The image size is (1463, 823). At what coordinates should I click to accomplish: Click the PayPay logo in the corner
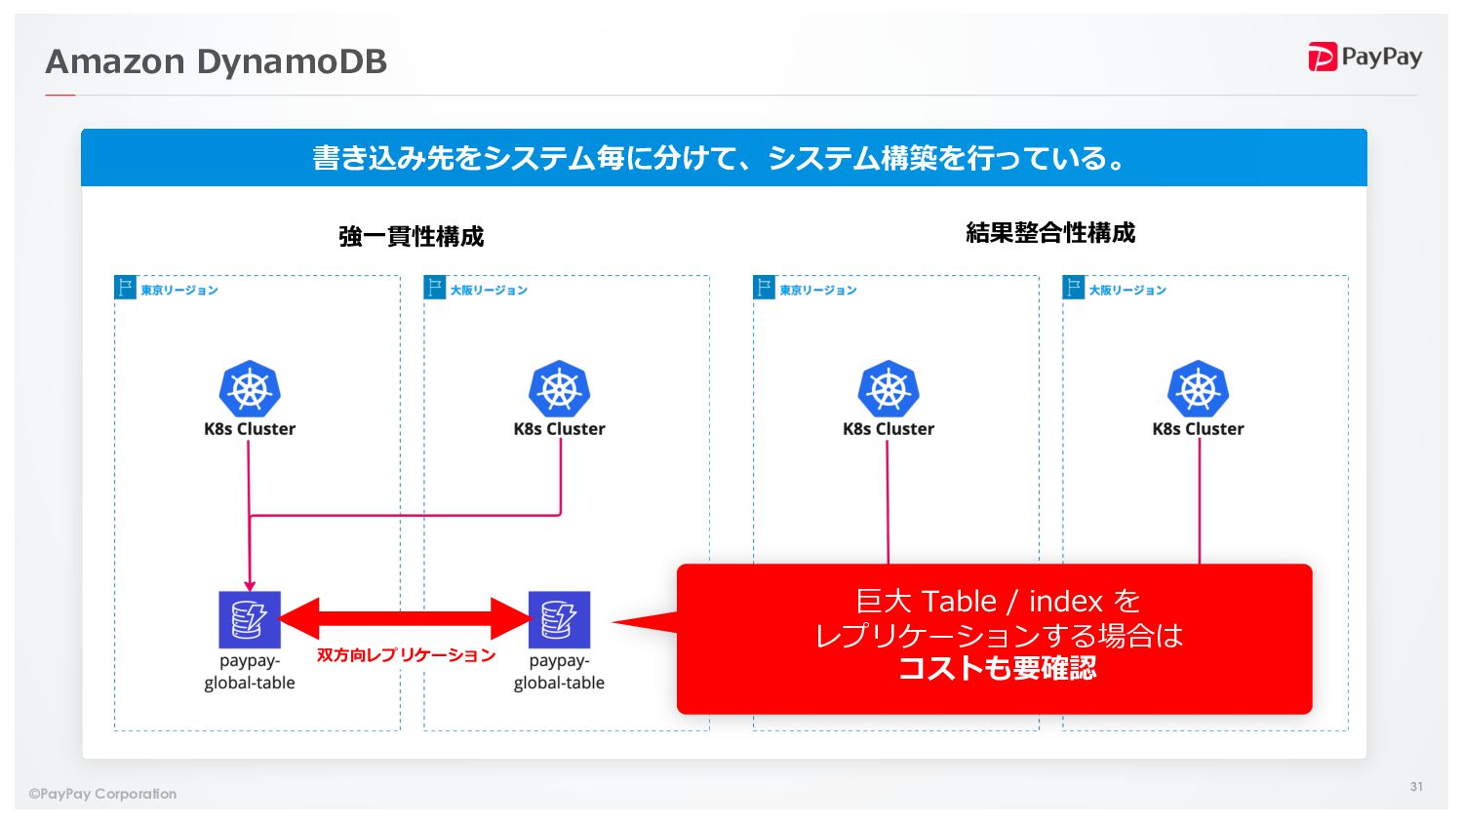pyautogui.click(x=1364, y=58)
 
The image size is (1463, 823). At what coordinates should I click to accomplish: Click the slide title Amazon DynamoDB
pyautogui.click(x=217, y=61)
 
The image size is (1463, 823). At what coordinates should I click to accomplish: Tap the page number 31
pyautogui.click(x=1416, y=786)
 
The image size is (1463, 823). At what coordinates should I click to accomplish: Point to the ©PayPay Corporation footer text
pyautogui.click(x=103, y=794)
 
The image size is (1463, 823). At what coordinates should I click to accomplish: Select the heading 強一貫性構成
pyautogui.click(x=411, y=236)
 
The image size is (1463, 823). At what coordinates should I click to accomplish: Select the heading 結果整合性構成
pyautogui.click(x=1050, y=233)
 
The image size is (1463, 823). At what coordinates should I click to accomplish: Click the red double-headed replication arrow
pyautogui.click(x=404, y=618)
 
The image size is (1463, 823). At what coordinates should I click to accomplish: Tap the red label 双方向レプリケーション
pyautogui.click(x=406, y=655)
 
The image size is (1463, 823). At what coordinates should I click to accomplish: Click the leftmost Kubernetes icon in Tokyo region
pyautogui.click(x=250, y=388)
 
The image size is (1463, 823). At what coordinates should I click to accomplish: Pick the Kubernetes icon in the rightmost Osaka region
pyautogui.click(x=1198, y=388)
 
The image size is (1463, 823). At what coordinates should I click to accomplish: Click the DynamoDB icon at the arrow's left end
pyautogui.click(x=250, y=619)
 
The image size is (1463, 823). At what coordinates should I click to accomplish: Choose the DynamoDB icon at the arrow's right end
pyautogui.click(x=559, y=619)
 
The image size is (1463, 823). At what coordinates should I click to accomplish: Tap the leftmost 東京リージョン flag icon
pyautogui.click(x=125, y=287)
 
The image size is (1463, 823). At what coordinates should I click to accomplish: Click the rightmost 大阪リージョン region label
pyautogui.click(x=1127, y=291)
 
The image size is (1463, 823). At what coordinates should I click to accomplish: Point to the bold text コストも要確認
pyautogui.click(x=997, y=668)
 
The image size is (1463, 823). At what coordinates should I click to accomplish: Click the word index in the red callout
pyautogui.click(x=1065, y=602)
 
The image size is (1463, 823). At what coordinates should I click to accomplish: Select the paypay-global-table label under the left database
pyautogui.click(x=250, y=672)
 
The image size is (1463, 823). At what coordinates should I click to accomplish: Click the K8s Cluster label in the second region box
pyautogui.click(x=559, y=429)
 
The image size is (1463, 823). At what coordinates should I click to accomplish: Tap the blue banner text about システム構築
pyautogui.click(x=722, y=158)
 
